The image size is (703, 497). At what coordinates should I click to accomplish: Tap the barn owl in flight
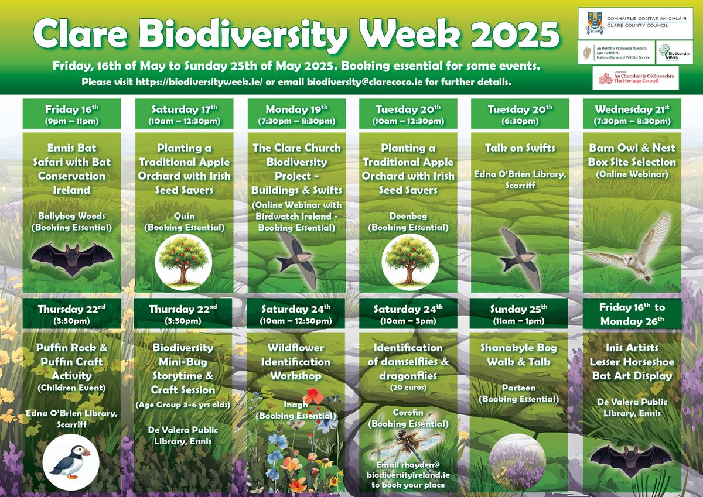click(x=632, y=246)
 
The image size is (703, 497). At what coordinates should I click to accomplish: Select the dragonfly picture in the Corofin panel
click(x=408, y=445)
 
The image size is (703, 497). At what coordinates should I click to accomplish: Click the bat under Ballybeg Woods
click(x=71, y=258)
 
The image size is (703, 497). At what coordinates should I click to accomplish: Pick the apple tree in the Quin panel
click(x=183, y=262)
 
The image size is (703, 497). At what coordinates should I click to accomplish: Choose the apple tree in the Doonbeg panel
click(x=408, y=262)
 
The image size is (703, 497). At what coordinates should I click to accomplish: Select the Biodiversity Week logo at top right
click(x=667, y=53)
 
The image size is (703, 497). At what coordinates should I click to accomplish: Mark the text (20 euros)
click(x=408, y=387)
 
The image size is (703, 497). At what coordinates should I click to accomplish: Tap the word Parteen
click(x=520, y=388)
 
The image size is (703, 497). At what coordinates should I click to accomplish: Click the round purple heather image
click(x=517, y=462)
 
